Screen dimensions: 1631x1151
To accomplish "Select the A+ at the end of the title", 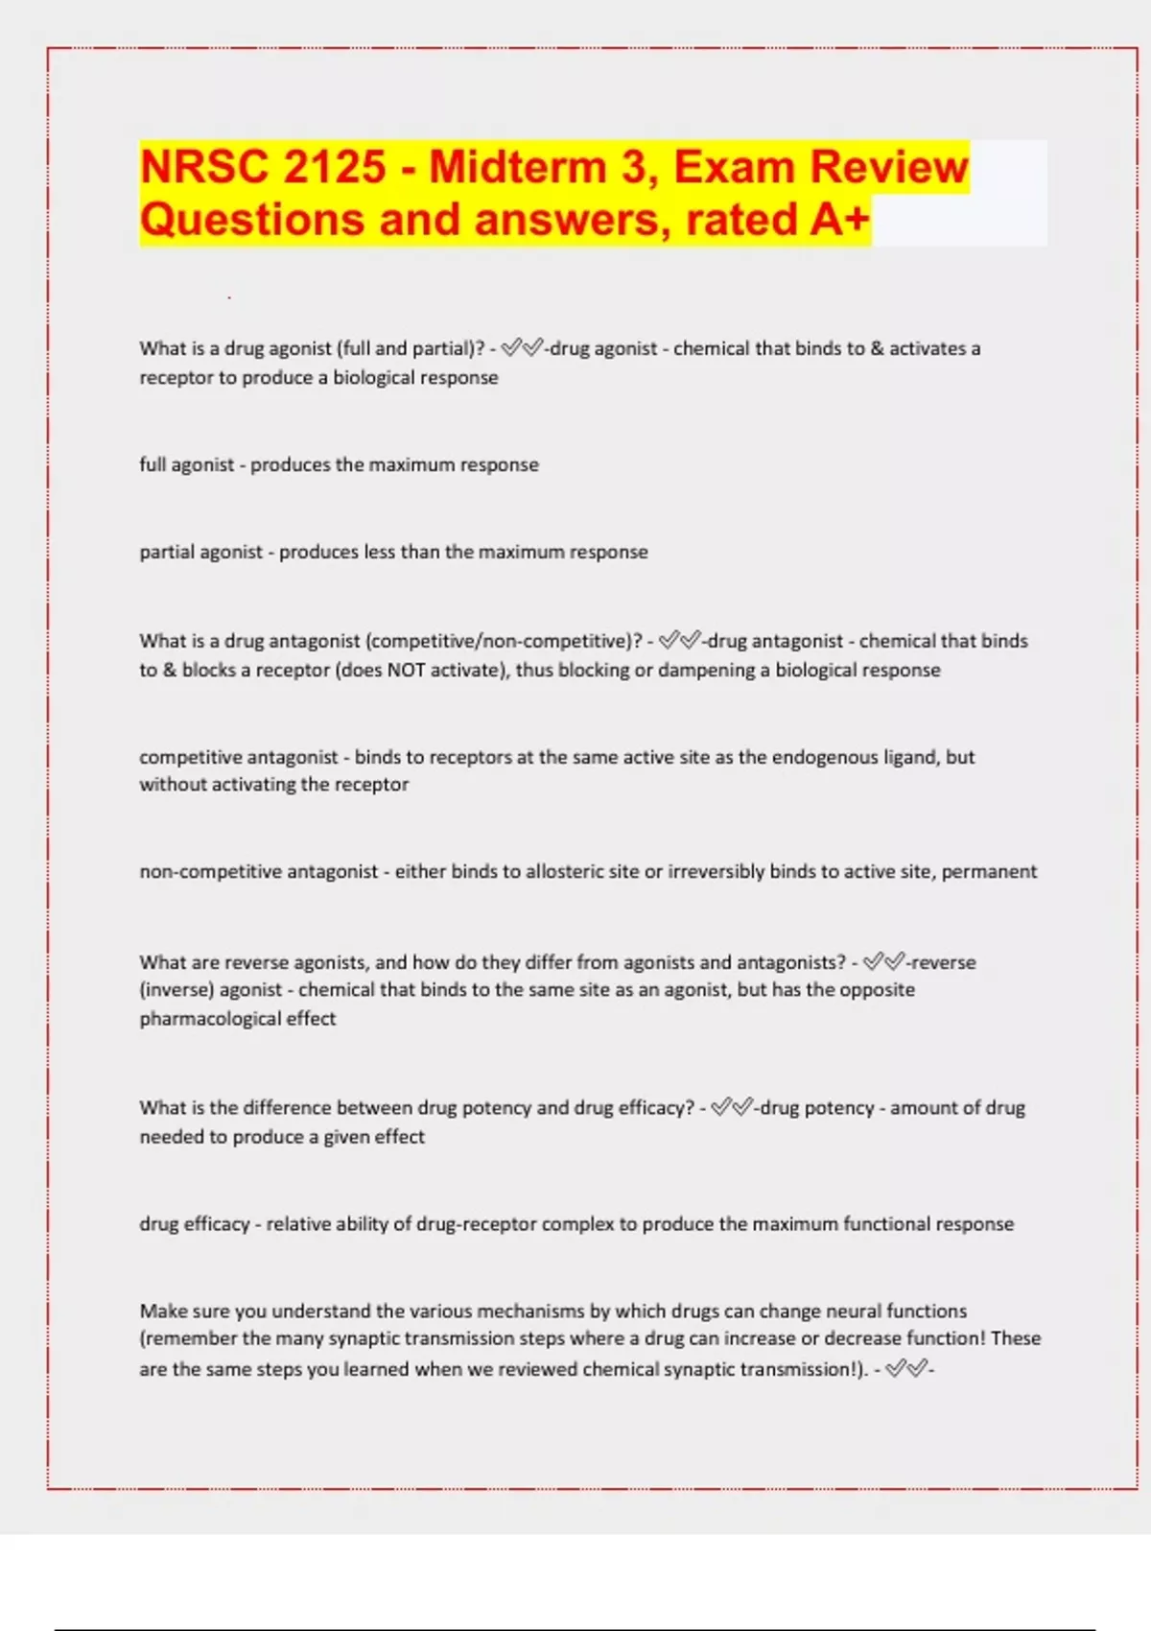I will tap(839, 219).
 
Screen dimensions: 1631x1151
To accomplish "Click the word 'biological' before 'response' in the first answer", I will tap(373, 377).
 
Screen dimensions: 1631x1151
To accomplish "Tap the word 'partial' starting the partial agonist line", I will tap(169, 552).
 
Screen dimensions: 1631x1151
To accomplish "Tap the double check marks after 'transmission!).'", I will tap(905, 1369).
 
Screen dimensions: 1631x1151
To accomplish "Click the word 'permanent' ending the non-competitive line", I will tap(989, 871).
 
